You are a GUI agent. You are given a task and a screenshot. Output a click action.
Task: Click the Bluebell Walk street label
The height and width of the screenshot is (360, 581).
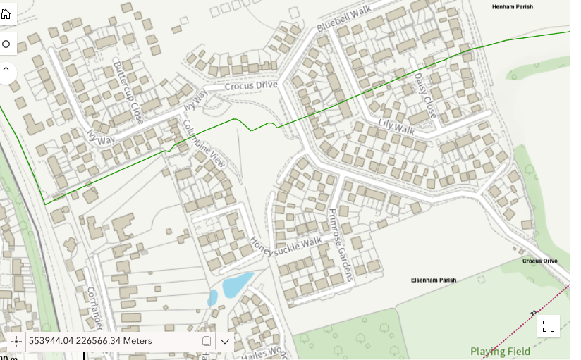pyautogui.click(x=343, y=19)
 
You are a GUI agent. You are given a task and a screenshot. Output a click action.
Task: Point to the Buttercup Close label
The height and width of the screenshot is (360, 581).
pyautogui.click(x=128, y=92)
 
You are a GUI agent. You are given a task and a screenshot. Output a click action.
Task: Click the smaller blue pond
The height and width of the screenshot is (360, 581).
pyautogui.click(x=212, y=298)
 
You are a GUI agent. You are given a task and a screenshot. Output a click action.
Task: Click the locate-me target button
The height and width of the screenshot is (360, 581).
pyautogui.click(x=6, y=44)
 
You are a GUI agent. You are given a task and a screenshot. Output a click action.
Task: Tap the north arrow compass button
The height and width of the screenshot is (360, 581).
pyautogui.click(x=6, y=73)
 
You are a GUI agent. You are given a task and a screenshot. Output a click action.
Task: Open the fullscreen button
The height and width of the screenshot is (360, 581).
pyautogui.click(x=549, y=326)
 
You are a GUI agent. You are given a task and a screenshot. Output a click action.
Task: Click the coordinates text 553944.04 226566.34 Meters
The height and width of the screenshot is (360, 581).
pyautogui.click(x=90, y=341)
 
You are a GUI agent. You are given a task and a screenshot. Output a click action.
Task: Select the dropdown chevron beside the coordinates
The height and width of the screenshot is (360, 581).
pyautogui.click(x=225, y=341)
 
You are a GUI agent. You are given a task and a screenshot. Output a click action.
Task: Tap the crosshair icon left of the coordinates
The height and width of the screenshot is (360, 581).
pyautogui.click(x=16, y=341)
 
